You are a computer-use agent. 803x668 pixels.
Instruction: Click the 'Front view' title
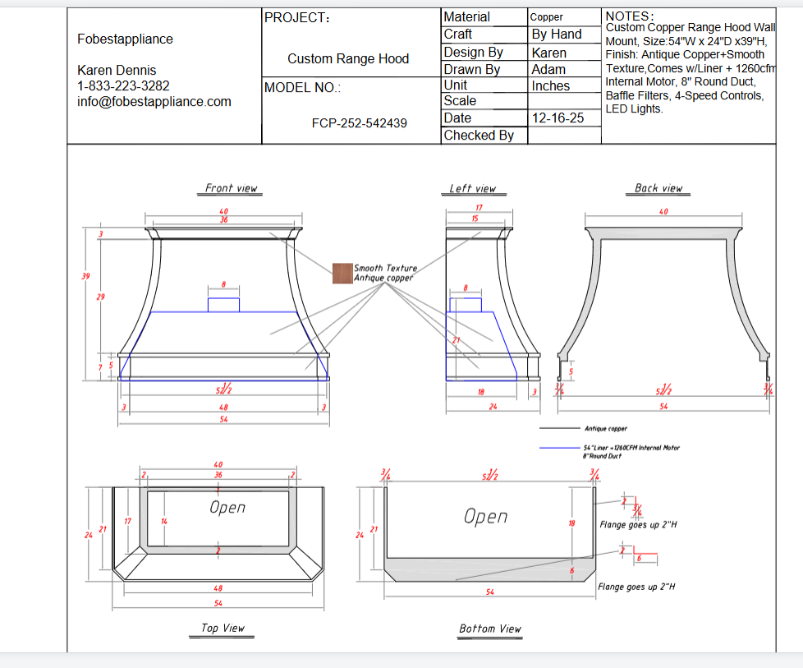pyautogui.click(x=231, y=188)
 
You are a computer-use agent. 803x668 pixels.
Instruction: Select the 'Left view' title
pyautogui.click(x=472, y=188)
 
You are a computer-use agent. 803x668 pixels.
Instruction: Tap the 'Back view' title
pyautogui.click(x=658, y=188)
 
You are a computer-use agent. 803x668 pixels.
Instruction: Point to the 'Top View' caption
pyautogui.click(x=223, y=628)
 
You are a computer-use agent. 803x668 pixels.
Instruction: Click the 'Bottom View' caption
pyautogui.click(x=490, y=629)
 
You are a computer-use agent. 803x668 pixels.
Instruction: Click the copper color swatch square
pyautogui.click(x=342, y=274)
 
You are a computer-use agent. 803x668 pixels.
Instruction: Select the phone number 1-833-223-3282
pyautogui.click(x=123, y=86)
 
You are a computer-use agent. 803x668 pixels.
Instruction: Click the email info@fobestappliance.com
pyautogui.click(x=154, y=102)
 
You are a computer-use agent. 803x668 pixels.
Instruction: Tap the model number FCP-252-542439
pyautogui.click(x=359, y=123)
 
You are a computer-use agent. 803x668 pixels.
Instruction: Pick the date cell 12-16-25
pyautogui.click(x=558, y=118)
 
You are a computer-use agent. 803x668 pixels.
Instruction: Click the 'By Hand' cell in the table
pyautogui.click(x=556, y=35)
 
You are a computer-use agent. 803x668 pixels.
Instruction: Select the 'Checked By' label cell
pyautogui.click(x=479, y=136)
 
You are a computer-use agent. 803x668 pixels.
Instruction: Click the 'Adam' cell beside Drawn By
pyautogui.click(x=548, y=70)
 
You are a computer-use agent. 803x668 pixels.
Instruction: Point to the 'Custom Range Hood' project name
pyautogui.click(x=348, y=59)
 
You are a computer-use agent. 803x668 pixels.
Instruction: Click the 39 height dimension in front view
pyautogui.click(x=85, y=276)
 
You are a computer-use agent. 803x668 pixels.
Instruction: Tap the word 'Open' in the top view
pyautogui.click(x=227, y=507)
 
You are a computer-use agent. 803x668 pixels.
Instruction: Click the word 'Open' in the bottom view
pyautogui.click(x=485, y=516)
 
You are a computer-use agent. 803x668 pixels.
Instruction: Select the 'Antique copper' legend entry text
pyautogui.click(x=606, y=428)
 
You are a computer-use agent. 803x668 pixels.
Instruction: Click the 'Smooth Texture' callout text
pyautogui.click(x=385, y=268)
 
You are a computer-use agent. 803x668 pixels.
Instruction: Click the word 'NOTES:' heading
pyautogui.click(x=630, y=16)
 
